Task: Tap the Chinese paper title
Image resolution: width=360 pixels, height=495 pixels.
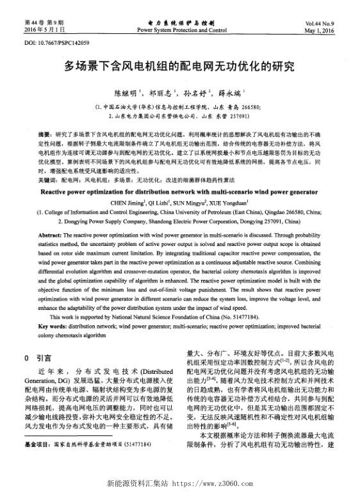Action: coord(179,66)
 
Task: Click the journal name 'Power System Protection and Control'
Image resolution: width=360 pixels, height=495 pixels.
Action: coord(182,29)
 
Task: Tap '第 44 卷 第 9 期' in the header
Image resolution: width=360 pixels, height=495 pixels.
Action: coord(31,22)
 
